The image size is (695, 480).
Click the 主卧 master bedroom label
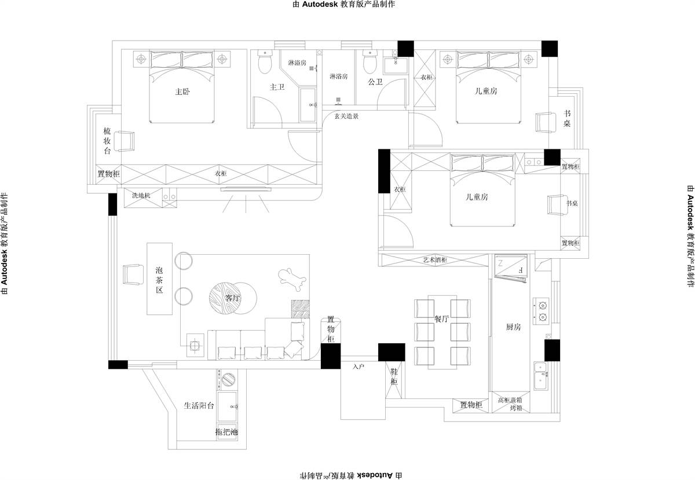point(182,91)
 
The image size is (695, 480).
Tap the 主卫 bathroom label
point(277,87)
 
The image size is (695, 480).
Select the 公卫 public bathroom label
point(375,82)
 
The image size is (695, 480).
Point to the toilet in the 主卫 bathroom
point(265,62)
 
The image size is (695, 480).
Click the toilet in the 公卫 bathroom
point(370,61)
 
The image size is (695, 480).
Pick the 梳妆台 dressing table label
point(107,141)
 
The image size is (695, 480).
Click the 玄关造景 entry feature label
point(346,116)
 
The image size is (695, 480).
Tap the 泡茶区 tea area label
point(159,280)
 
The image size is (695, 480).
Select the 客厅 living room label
point(233,298)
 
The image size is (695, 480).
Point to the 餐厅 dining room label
point(441,318)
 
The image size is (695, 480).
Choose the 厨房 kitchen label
point(513,327)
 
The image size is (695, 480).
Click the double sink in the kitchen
point(541,376)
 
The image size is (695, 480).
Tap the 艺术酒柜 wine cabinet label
point(435,260)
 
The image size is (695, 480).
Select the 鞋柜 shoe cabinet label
point(394,377)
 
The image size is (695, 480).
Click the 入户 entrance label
point(359,367)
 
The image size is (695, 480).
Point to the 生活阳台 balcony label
point(199,405)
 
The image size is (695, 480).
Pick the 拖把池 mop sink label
point(227,431)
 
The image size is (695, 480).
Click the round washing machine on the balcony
point(228,379)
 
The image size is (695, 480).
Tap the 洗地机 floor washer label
point(141,196)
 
